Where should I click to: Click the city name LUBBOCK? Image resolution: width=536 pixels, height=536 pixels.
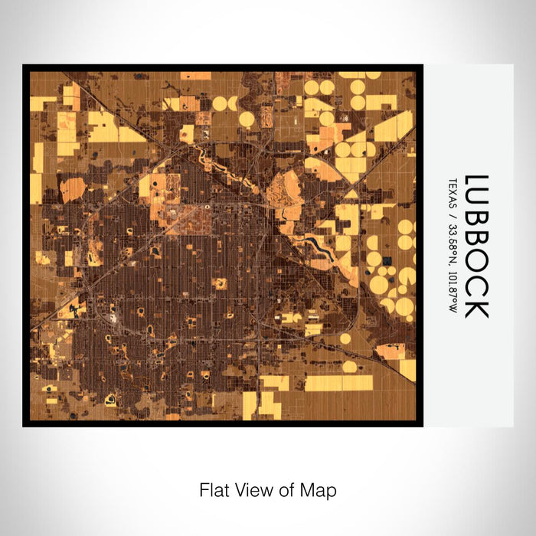(476, 247)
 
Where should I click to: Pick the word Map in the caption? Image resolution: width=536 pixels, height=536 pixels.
(322, 489)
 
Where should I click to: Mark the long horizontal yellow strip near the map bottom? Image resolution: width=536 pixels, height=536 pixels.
(338, 383)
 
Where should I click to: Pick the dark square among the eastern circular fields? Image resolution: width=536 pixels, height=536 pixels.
(386, 261)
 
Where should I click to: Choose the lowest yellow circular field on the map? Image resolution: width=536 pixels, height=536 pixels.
(349, 367)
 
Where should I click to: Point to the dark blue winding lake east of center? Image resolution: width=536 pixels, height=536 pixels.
(318, 245)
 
